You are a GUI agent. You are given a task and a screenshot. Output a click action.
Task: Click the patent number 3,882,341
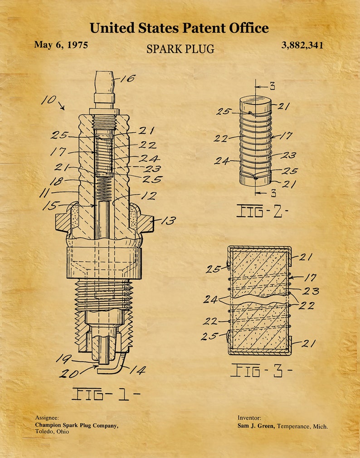[x=302, y=45]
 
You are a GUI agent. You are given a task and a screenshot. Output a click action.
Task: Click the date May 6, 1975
[x=61, y=44]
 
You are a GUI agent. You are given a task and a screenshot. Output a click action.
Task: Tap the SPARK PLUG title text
[x=180, y=49]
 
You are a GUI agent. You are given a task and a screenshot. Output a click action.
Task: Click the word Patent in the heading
[x=204, y=28]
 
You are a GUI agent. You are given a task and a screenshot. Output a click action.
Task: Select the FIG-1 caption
[x=105, y=394]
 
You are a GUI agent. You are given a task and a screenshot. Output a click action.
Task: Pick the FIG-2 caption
[x=262, y=211]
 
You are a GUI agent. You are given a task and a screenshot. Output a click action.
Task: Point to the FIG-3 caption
[x=261, y=370]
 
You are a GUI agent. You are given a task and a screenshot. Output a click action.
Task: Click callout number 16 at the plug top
[x=128, y=78]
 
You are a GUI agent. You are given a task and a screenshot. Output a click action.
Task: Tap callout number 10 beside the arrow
[x=49, y=100]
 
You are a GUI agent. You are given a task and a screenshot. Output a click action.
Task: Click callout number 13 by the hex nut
[x=168, y=221]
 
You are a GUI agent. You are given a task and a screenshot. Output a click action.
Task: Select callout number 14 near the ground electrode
[x=137, y=371]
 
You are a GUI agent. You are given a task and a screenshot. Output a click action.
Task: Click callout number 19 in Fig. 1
[x=63, y=359]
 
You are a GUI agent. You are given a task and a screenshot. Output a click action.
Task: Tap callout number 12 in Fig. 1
[x=149, y=196]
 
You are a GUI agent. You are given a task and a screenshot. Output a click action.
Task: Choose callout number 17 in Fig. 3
[x=310, y=277]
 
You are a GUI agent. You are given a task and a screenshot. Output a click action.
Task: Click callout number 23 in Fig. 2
[x=289, y=155]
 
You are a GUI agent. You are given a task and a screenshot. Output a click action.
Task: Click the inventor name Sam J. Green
[x=256, y=426]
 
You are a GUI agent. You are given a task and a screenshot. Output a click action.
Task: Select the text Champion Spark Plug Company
[x=77, y=425]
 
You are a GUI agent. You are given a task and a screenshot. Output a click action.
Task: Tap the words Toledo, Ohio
[x=52, y=432]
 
